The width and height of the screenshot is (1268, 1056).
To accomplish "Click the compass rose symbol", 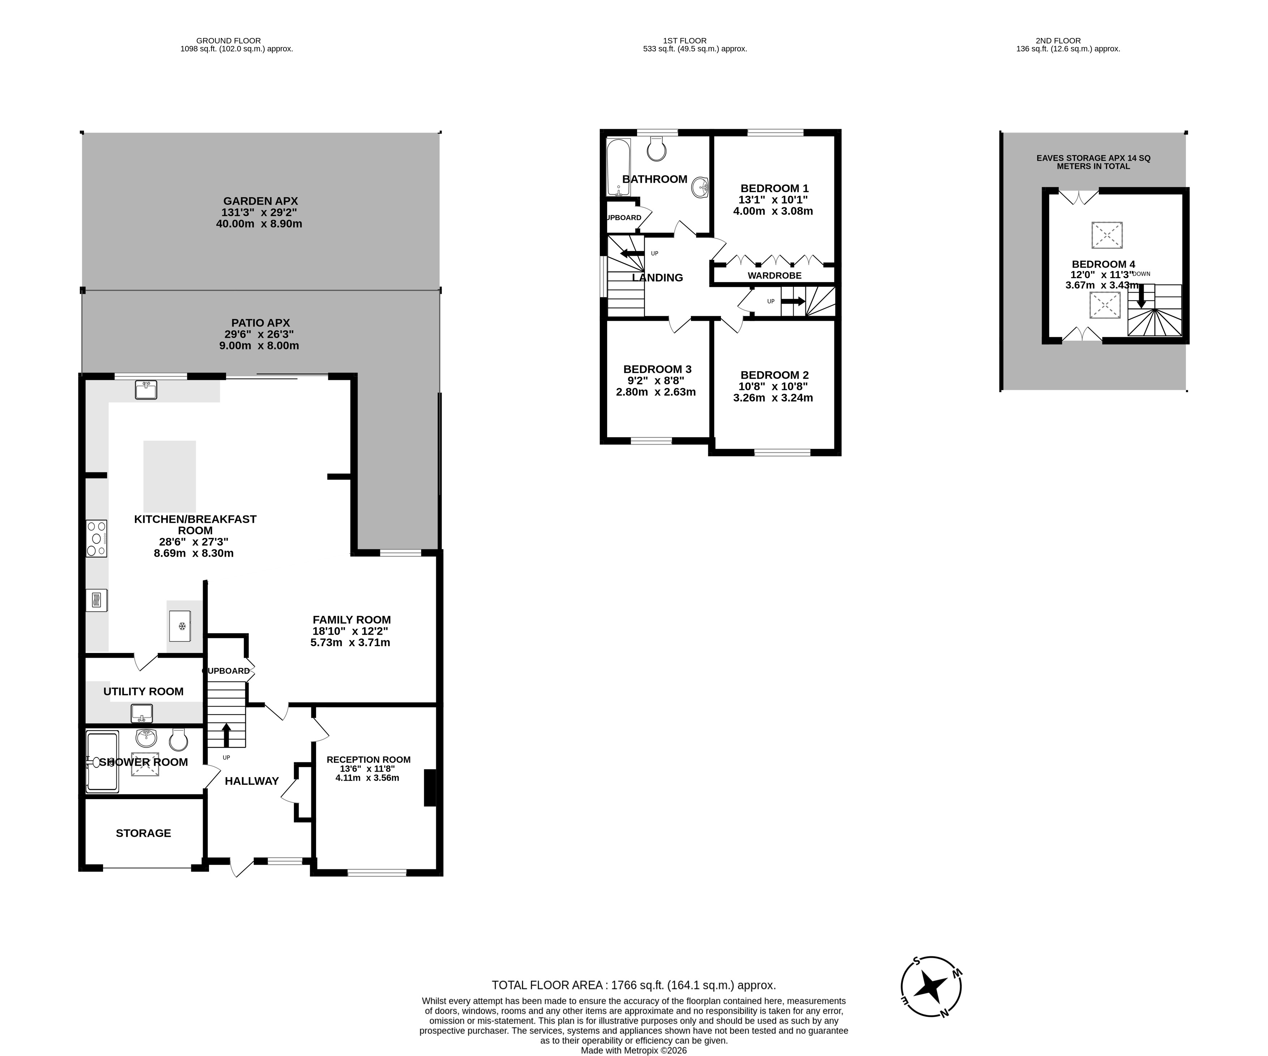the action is point(931,987).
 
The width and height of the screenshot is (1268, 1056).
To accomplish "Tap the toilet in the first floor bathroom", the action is point(656,148).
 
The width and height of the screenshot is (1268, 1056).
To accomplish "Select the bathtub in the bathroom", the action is point(618,168).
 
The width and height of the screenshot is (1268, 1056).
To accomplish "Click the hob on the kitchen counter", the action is point(97,538).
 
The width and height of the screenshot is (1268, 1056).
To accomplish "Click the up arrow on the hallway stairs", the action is point(226,735).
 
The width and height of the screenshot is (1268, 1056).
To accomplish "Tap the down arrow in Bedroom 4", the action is point(1141,296).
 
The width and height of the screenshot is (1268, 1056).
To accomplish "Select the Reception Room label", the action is point(368,759).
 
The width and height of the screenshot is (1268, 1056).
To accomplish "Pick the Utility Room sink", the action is point(142,713).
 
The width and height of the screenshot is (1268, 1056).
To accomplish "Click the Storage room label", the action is point(143,833).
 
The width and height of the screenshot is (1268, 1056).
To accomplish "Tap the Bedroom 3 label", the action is point(657,369).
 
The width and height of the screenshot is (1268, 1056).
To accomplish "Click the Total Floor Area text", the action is point(633,985).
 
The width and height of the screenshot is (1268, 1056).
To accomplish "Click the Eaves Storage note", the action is point(1093,162).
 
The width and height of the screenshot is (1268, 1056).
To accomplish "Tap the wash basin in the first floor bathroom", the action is point(700,187).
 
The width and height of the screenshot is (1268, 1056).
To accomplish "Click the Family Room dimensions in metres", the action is point(350,642).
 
